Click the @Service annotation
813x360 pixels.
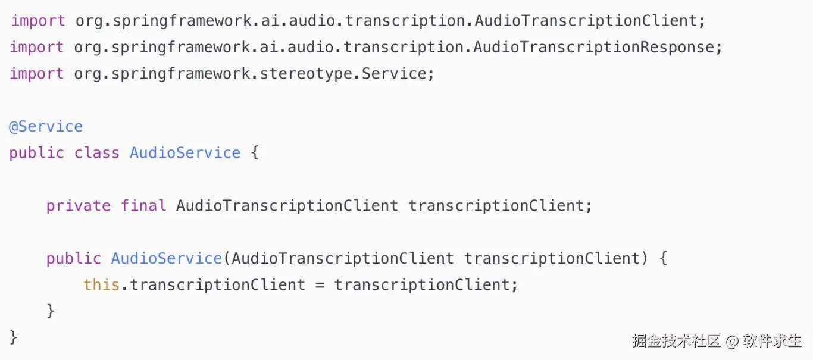[46, 127]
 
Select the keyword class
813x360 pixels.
[97, 153]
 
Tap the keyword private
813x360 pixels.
[79, 206]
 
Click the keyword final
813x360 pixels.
[143, 205]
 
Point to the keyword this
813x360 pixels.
[102, 284]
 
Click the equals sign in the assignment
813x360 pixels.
[320, 285]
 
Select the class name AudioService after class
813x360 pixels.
[186, 153]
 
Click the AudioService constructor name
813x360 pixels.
[167, 258]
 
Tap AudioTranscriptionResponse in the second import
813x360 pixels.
[594, 48]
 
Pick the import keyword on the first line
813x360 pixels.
[39, 21]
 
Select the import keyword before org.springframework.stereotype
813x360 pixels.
[37, 74]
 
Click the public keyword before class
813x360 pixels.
[37, 154]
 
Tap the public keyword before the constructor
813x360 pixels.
[74, 259]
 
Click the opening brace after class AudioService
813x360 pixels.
[255, 153]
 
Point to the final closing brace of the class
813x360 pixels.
[14, 337]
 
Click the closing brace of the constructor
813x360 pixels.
[51, 311]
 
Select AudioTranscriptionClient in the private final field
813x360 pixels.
[287, 206]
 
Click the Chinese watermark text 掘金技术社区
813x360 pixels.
[676, 341]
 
